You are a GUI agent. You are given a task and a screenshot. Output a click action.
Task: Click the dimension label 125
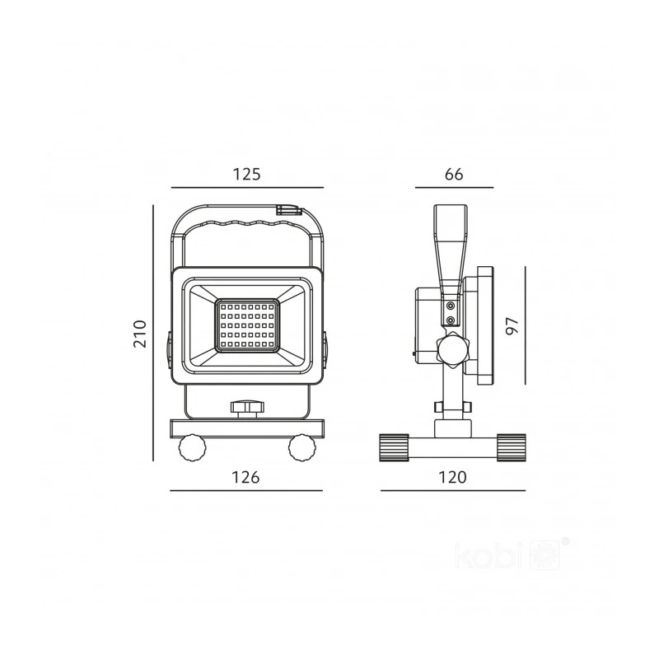tap(247, 174)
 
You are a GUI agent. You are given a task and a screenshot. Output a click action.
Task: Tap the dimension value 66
tap(454, 174)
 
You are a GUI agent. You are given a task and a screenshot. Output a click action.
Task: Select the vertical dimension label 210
tap(140, 334)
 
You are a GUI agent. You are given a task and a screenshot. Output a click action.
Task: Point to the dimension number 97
tap(512, 325)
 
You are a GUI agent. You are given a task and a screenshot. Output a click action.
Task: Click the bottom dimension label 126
tap(245, 478)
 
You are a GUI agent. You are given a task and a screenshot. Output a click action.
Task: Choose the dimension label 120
tap(452, 478)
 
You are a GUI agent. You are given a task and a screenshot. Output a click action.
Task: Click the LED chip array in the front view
tap(247, 325)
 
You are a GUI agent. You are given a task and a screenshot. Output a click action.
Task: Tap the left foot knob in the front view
tap(193, 448)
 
